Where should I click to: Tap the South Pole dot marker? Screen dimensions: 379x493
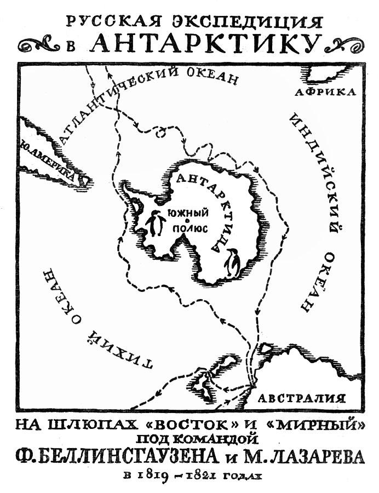187,220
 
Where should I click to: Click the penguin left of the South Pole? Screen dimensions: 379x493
156,223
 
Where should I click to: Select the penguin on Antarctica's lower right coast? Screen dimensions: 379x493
234,263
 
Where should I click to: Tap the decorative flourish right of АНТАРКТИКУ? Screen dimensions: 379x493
340,43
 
